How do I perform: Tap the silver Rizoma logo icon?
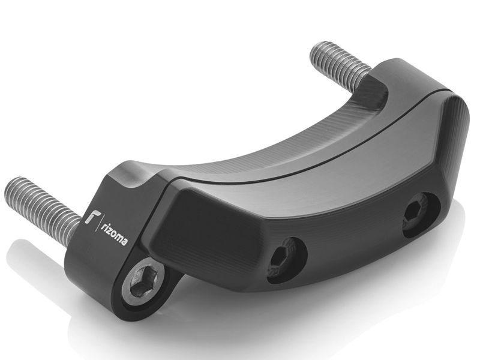pyautogui.click(x=91, y=217)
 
